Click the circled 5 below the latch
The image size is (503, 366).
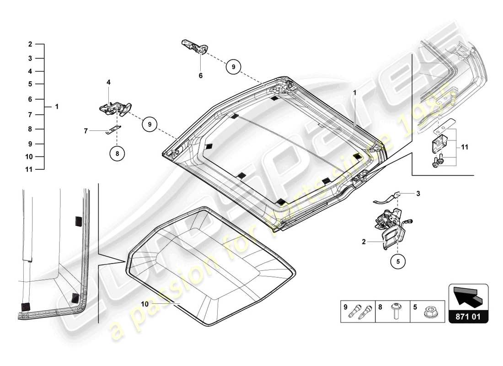pyautogui.click(x=397, y=262)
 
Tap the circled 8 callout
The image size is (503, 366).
pyautogui.click(x=117, y=154)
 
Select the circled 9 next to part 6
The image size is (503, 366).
pyautogui.click(x=233, y=67)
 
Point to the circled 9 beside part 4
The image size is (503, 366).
pyautogui.click(x=149, y=124)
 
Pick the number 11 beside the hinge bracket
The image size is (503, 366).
pyautogui.click(x=465, y=147)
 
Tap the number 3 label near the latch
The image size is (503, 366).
pyautogui.click(x=417, y=194)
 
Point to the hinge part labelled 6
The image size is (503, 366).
pyautogui.click(x=194, y=46)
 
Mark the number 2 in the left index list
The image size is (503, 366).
pyautogui.click(x=30, y=44)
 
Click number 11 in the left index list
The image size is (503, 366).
pyautogui.click(x=29, y=169)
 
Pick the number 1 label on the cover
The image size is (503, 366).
pyautogui.click(x=354, y=92)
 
